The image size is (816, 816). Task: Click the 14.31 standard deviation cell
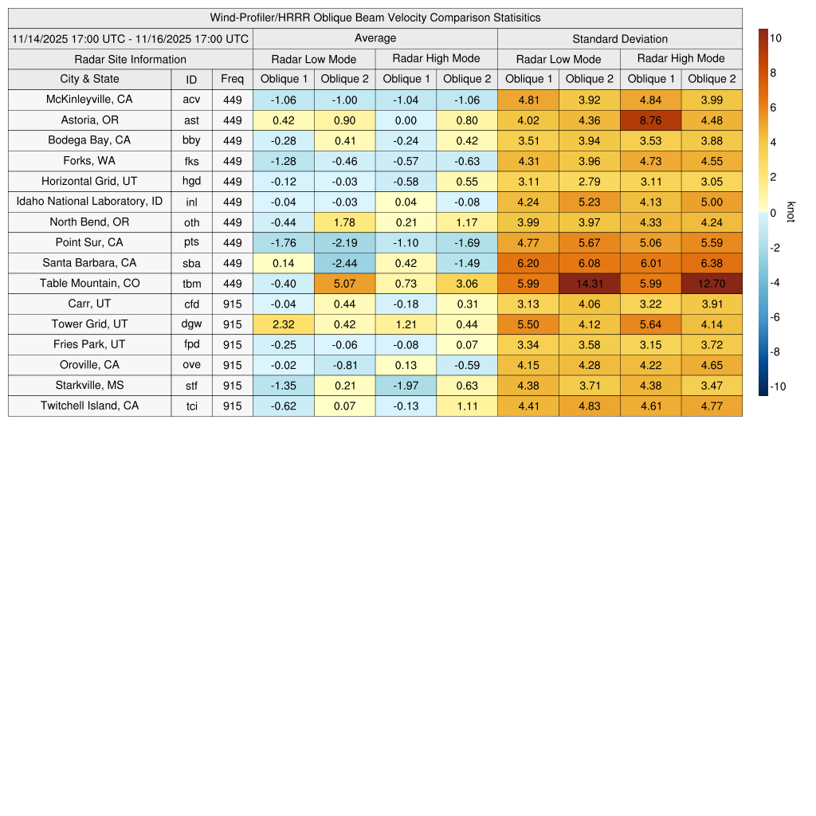pos(589,284)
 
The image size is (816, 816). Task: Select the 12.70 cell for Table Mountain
pos(711,284)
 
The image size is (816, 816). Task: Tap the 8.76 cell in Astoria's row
pos(650,120)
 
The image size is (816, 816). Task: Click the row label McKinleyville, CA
pos(89,100)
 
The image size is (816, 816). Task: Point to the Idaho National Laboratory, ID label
pos(89,202)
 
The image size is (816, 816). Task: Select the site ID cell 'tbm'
pos(191,284)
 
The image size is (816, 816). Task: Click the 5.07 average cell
pos(344,284)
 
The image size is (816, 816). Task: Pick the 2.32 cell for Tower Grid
pos(283,324)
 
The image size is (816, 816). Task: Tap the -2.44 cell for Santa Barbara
pos(344,263)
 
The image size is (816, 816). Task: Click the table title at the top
pos(375,18)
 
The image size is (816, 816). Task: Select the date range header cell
pos(130,38)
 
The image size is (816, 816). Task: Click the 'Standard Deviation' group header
pos(619,38)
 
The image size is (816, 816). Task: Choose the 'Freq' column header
pos(232,79)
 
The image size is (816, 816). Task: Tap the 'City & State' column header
pos(89,79)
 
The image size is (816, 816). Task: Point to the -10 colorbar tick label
pos(778,387)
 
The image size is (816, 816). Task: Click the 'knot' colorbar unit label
pos(790,213)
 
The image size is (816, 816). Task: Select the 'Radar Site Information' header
pos(130,59)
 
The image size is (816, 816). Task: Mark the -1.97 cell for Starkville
pos(406,386)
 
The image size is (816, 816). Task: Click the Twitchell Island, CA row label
pos(89,406)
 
